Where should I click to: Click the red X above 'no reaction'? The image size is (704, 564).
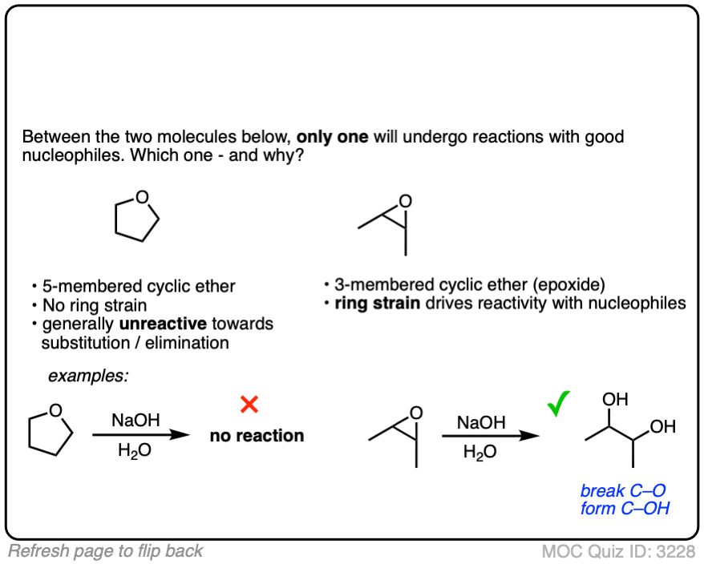point(249,405)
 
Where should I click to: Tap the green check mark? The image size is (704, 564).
point(558,405)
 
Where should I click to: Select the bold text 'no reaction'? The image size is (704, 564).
point(257,436)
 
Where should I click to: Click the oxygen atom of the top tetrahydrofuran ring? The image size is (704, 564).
point(142,197)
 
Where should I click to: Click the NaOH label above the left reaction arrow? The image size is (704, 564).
point(135,421)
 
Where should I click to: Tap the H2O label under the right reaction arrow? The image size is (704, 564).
point(479,452)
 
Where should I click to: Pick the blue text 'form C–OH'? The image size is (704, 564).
point(624,508)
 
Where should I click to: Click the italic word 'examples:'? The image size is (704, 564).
point(88,375)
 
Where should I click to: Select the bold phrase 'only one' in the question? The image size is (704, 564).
point(332,136)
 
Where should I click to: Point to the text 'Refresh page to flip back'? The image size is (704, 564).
point(106,551)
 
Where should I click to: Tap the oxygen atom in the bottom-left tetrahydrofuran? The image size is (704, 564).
point(55,411)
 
